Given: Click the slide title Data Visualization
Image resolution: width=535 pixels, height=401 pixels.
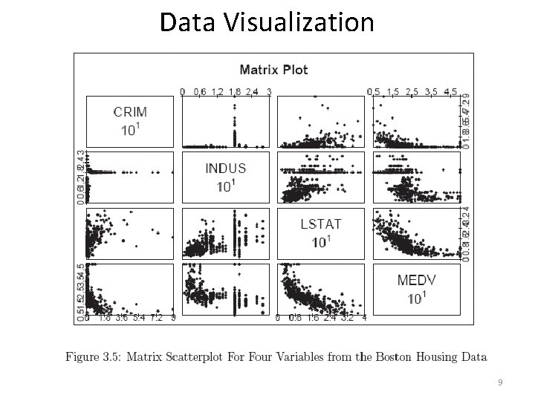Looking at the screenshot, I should (x=267, y=22).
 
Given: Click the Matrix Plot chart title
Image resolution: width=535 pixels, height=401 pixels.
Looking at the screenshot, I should (x=273, y=70).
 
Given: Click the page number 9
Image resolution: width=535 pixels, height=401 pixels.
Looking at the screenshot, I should (x=500, y=382).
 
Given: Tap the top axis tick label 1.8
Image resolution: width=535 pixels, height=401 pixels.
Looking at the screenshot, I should (x=234, y=91).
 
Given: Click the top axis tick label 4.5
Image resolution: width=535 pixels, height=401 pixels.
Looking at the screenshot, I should (x=450, y=91).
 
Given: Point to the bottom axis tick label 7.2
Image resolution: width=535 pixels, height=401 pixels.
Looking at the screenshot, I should (x=156, y=319).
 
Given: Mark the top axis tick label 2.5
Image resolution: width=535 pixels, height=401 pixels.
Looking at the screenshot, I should (x=412, y=91).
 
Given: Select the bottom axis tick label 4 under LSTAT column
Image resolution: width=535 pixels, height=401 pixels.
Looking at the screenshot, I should (x=364, y=319).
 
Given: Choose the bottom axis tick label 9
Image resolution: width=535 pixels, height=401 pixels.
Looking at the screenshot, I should (x=173, y=319).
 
